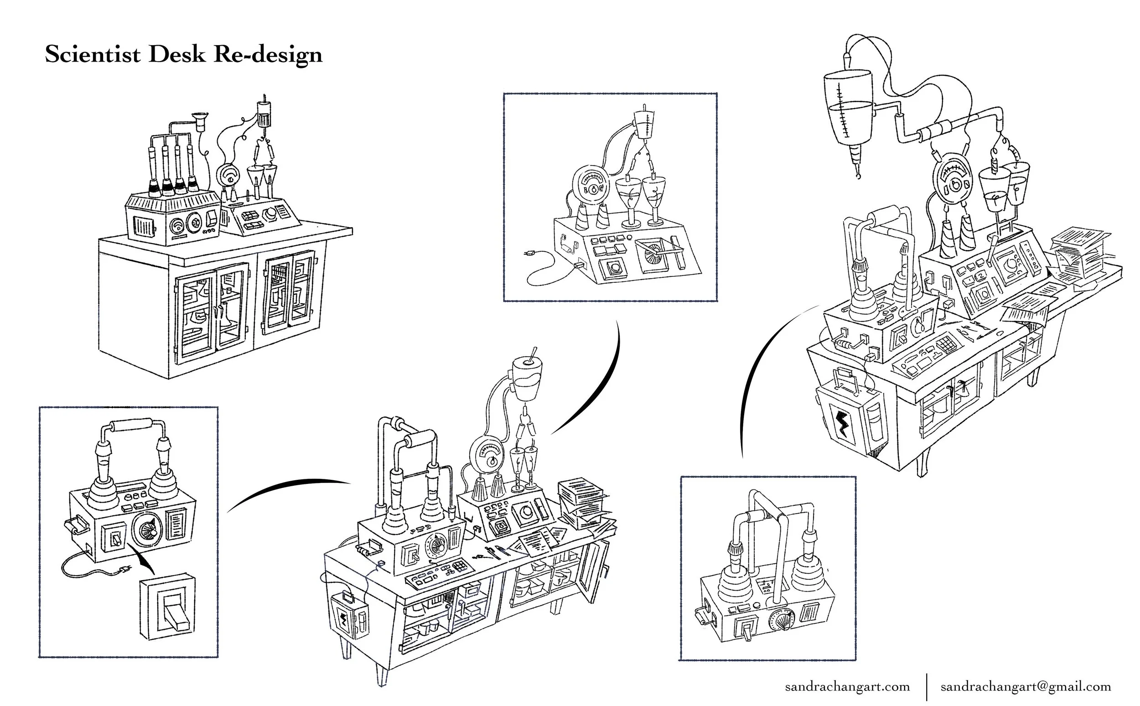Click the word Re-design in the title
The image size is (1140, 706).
pos(268,55)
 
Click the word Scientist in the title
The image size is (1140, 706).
pos(93,55)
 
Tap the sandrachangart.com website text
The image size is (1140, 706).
pos(847,686)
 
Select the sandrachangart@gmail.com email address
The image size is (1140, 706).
pos(1026,686)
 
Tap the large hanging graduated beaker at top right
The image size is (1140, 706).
pos(847,107)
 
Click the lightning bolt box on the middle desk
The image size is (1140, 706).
pos(346,621)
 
